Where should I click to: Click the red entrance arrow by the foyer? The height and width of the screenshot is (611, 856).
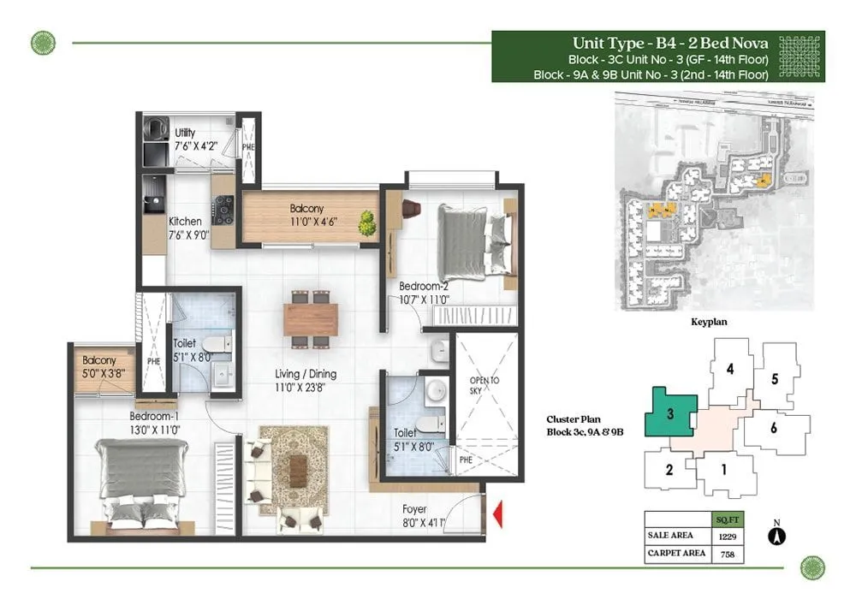(x=497, y=513)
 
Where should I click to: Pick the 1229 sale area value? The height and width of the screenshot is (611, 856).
(x=727, y=537)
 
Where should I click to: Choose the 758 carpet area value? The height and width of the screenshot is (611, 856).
(x=727, y=554)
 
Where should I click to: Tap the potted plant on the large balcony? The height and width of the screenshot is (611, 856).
(x=367, y=223)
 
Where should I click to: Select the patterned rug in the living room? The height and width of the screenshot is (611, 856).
(x=294, y=470)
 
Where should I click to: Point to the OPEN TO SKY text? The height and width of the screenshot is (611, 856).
(x=484, y=387)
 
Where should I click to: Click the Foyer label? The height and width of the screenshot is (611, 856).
(x=415, y=510)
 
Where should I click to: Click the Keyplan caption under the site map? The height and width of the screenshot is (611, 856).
(x=709, y=324)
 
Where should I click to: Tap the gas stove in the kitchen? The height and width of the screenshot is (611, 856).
(x=224, y=209)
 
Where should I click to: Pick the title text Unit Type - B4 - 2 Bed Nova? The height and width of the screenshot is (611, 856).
(x=669, y=44)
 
